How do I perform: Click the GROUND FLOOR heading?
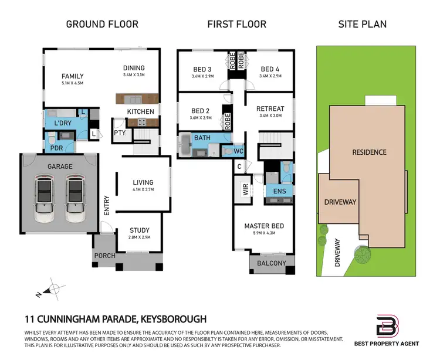[x=102, y=24]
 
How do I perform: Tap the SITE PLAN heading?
[x=362, y=24]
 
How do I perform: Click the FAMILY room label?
[x=73, y=76]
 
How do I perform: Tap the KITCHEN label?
[x=141, y=111]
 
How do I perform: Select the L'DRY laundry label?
[x=63, y=124]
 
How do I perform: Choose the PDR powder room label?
[x=56, y=148]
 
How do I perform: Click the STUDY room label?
[x=139, y=230]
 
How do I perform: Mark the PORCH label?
[x=104, y=256]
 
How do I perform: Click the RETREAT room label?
[x=270, y=108]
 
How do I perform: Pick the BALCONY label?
[x=270, y=263]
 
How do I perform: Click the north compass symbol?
[x=52, y=289]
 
